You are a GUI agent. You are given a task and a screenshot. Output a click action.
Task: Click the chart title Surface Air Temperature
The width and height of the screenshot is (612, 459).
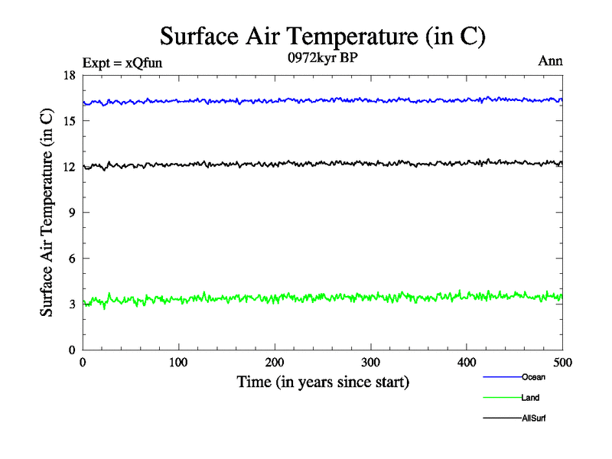322,36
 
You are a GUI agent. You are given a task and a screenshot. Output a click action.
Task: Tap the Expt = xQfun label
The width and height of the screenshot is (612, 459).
122,63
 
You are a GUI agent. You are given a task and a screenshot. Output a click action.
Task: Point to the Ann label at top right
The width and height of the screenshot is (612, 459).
552,61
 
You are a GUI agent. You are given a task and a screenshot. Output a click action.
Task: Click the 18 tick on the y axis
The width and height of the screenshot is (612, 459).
69,75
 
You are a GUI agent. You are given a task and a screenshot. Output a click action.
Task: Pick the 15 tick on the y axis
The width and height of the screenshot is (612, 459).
69,121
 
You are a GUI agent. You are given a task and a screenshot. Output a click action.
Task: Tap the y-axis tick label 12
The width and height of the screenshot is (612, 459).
69,167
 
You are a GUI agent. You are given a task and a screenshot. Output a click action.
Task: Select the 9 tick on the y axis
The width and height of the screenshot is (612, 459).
72,213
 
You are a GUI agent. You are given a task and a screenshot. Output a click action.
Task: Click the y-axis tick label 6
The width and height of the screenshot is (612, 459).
72,259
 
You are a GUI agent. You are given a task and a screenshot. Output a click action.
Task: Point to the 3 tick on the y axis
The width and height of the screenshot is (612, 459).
72,304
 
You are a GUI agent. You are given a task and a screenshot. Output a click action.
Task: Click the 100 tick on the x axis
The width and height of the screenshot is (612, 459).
178,362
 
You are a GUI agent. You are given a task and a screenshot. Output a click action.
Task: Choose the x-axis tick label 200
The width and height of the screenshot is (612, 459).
275,362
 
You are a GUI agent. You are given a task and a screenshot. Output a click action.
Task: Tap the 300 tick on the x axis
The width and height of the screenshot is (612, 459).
370,362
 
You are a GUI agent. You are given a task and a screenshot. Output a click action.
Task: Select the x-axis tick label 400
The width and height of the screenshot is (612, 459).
467,362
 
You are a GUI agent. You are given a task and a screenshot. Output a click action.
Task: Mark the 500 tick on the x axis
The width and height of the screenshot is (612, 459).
562,362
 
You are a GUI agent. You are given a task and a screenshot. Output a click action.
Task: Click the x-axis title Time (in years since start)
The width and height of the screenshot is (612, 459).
323,382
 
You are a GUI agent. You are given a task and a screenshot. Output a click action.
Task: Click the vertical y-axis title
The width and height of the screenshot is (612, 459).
47,213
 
